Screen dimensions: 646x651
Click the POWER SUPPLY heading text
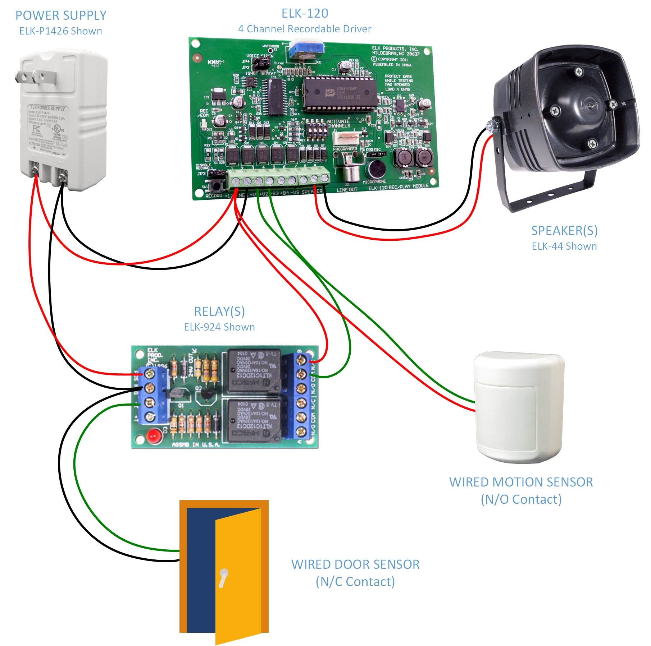click(61, 15)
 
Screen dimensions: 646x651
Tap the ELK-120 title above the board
click(305, 13)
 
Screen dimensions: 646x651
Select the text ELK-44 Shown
click(564, 246)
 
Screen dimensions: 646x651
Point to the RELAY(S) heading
click(219, 311)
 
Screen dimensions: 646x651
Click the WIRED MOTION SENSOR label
click(521, 482)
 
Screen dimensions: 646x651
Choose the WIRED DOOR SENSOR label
click(355, 564)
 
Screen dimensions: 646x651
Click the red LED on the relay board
click(154, 436)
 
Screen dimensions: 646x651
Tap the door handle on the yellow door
click(223, 577)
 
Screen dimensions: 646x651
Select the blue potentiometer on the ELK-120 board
click(306, 51)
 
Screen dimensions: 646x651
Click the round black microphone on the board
click(376, 169)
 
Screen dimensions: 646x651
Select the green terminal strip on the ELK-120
click(279, 179)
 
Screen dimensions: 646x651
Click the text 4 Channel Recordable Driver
click(305, 29)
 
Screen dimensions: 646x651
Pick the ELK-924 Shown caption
click(219, 327)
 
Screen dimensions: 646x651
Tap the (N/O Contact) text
click(521, 499)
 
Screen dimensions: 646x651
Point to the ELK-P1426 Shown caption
click(61, 31)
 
